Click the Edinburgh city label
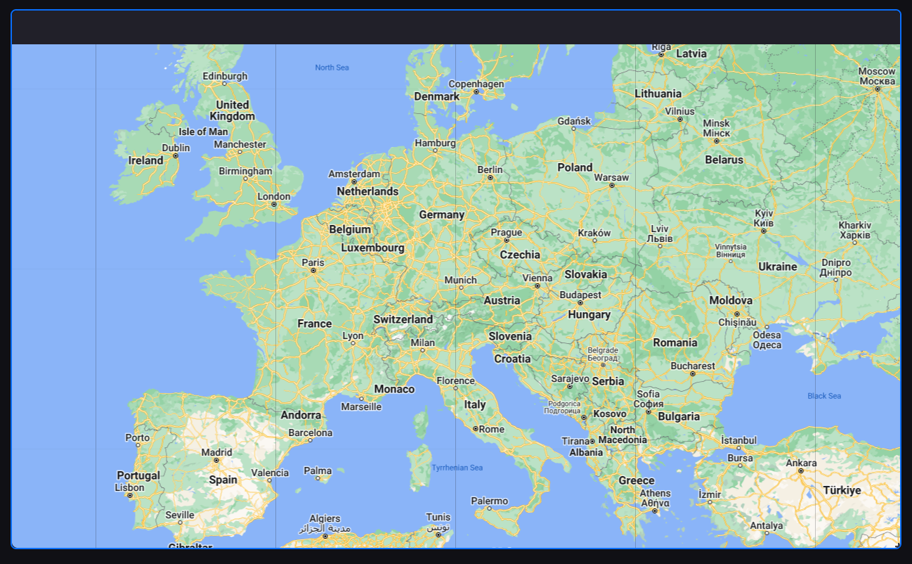point(225,76)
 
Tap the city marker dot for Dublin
point(176,155)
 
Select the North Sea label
point(332,68)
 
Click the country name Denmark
point(436,96)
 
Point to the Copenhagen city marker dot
point(476,91)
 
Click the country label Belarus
point(724,160)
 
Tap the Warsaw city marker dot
point(611,186)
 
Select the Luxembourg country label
point(372,248)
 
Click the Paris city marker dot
point(313,270)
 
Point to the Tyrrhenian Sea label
point(457,468)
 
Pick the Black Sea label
point(824,396)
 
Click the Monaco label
point(394,389)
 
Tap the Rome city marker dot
point(476,428)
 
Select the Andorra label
point(301,415)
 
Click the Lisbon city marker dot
point(129,495)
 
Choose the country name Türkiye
point(842,490)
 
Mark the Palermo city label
point(489,501)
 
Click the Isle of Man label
point(203,132)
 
